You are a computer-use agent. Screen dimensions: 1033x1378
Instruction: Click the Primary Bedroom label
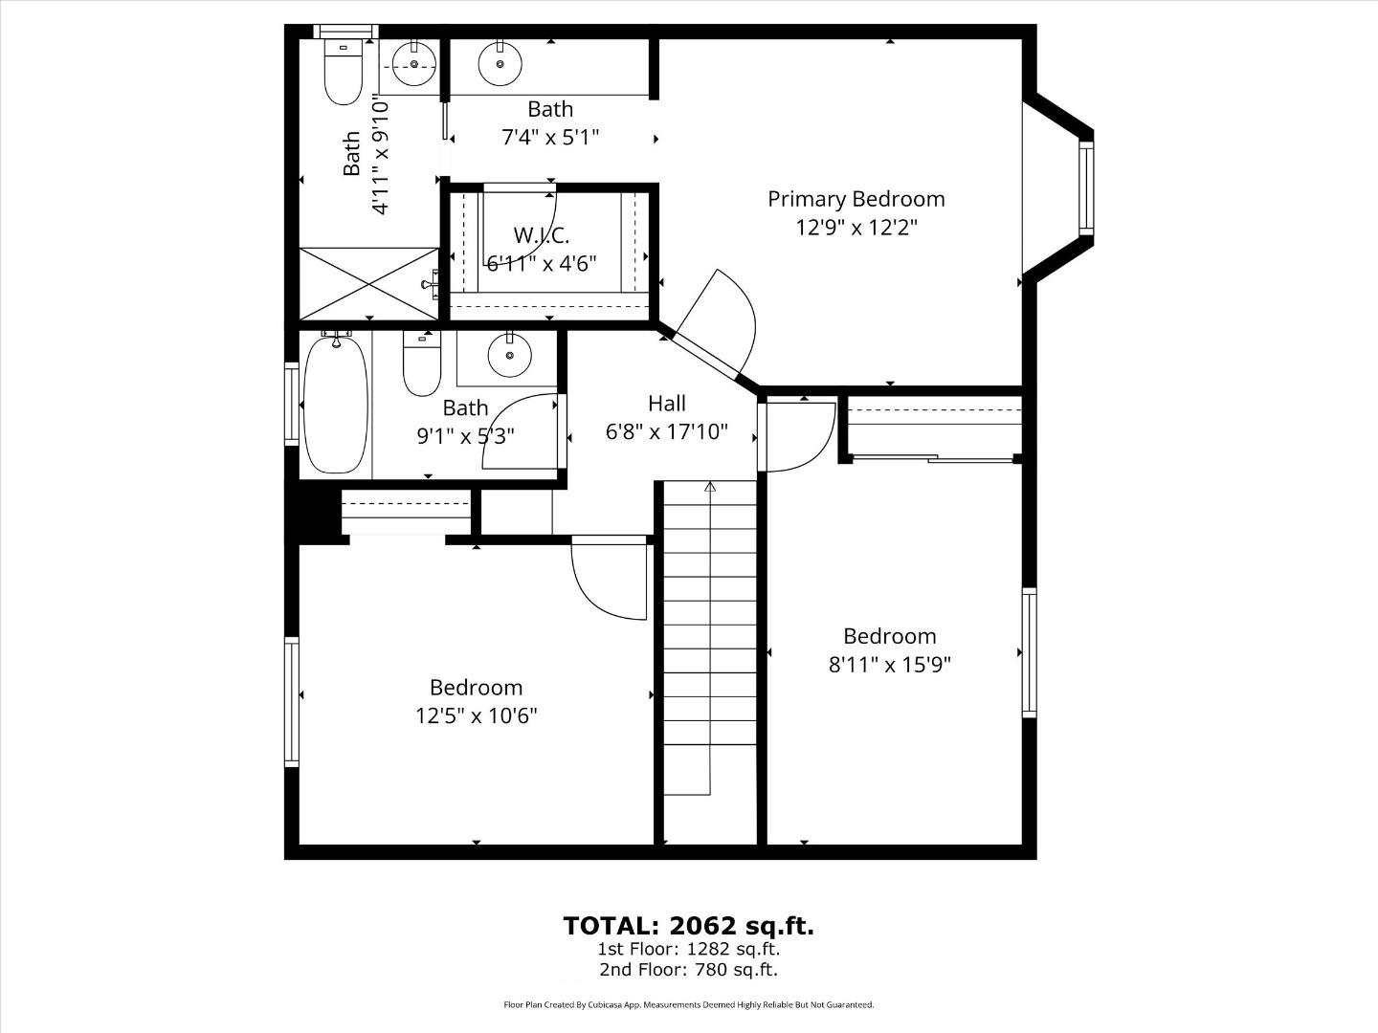tap(856, 199)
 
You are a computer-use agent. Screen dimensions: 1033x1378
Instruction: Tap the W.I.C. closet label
tap(541, 234)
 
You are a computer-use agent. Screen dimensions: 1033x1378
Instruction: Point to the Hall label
tap(666, 404)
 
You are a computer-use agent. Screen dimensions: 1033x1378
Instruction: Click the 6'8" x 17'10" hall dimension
tap(666, 432)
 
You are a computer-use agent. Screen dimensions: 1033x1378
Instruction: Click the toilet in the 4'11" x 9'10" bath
tap(343, 72)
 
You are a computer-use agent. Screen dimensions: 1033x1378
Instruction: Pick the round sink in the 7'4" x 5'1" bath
tap(500, 65)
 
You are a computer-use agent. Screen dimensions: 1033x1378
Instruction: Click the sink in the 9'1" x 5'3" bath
tap(509, 356)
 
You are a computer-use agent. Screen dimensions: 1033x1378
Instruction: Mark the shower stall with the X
tap(368, 283)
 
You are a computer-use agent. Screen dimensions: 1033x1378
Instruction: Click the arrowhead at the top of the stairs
tap(709, 487)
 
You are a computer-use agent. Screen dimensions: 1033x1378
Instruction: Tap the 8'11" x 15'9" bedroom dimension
tap(889, 665)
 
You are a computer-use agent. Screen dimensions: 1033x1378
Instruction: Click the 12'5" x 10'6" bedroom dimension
tap(476, 716)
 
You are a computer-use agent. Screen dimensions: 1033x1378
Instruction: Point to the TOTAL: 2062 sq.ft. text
tap(688, 926)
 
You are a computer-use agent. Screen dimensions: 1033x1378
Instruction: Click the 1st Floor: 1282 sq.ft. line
tap(688, 950)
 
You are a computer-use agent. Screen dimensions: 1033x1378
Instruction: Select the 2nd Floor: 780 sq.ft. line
tap(688, 970)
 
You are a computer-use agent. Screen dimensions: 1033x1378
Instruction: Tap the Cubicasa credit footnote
tap(688, 1005)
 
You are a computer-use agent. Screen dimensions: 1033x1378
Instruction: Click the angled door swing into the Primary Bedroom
tap(722, 320)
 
